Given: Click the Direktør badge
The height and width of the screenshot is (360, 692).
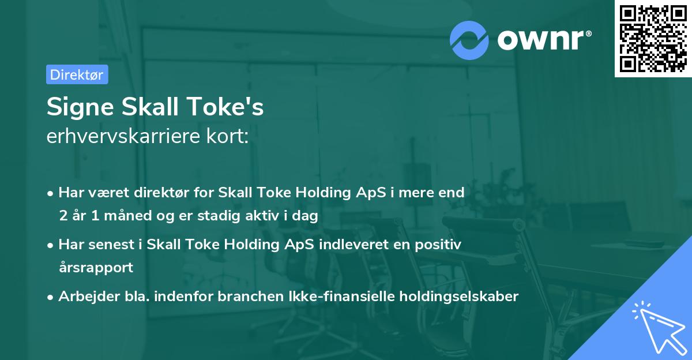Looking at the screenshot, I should (x=77, y=74).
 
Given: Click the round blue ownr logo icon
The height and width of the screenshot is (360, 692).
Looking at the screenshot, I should (x=469, y=40).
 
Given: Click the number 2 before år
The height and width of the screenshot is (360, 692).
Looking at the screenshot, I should (x=62, y=216).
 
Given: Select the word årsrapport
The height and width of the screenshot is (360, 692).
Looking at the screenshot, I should (x=96, y=268).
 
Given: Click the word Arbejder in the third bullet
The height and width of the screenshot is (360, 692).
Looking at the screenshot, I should (x=82, y=297).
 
